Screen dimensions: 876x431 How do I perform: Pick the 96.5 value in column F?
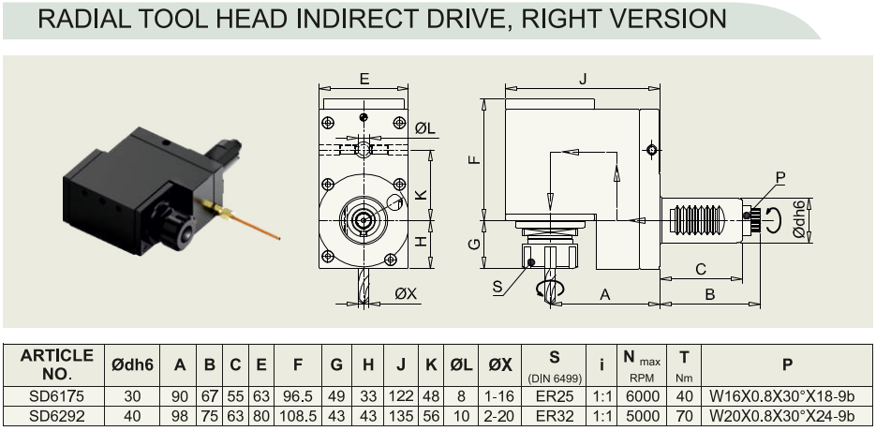[298, 397]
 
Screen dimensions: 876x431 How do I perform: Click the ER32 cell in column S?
[554, 416]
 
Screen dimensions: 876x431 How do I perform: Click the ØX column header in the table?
[500, 365]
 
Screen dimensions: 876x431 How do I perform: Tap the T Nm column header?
[684, 365]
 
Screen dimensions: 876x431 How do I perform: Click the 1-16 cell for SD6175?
[500, 397]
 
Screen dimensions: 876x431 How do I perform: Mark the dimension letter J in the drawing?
[583, 79]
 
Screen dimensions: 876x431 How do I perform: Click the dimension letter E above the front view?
[364, 79]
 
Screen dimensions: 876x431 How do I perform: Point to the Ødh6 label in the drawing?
[799, 219]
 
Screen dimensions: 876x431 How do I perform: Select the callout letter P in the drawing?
[780, 178]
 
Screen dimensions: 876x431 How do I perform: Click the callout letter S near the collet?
[497, 288]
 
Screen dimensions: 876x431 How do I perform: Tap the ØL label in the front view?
[424, 128]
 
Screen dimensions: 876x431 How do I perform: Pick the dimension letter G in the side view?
[474, 245]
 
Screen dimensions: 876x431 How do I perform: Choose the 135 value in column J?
[401, 416]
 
